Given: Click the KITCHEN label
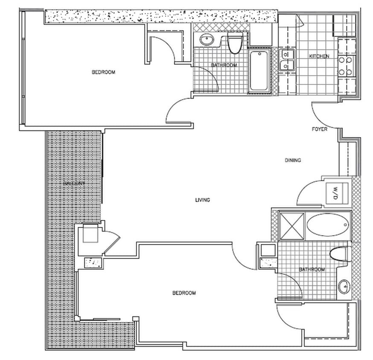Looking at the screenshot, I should pyautogui.click(x=319, y=56).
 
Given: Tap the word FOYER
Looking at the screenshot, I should pyautogui.click(x=319, y=129).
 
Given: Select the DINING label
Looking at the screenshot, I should pyautogui.click(x=293, y=160).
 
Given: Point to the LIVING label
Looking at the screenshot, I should pyautogui.click(x=202, y=200).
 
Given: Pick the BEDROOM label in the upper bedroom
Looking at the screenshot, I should pyautogui.click(x=104, y=72).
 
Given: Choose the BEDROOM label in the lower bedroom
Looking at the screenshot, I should pyautogui.click(x=184, y=293).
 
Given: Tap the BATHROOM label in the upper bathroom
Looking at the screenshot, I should pyautogui.click(x=224, y=65).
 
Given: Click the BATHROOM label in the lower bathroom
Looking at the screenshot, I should pyautogui.click(x=312, y=270).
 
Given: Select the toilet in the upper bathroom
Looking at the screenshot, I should pyautogui.click(x=234, y=44).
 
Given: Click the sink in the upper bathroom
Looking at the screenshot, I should pyautogui.click(x=207, y=40).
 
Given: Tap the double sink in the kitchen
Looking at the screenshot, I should pyautogui.click(x=287, y=60).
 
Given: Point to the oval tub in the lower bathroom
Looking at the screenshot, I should pyautogui.click(x=327, y=225).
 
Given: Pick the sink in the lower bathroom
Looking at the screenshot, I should pyautogui.click(x=344, y=287).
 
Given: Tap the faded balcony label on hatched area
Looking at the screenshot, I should pyautogui.click(x=74, y=183).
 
